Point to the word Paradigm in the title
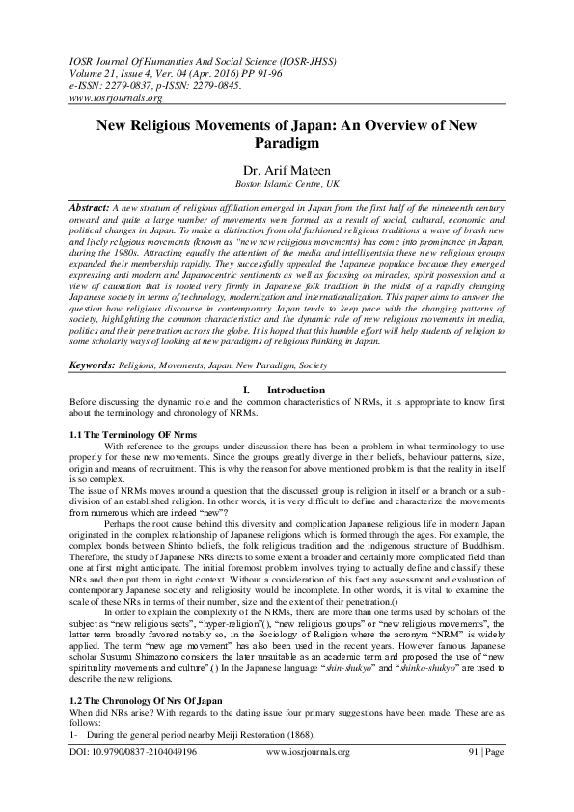tap(287, 143)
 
